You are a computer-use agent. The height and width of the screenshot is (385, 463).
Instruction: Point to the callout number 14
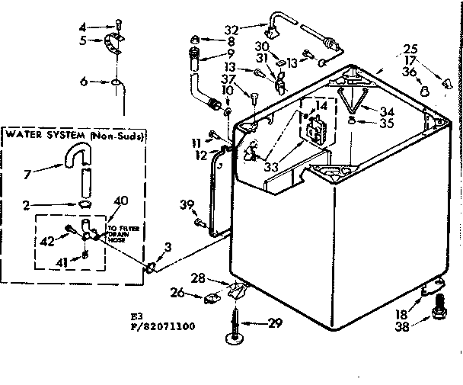click(321, 107)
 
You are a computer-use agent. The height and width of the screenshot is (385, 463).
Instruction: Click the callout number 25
click(411, 48)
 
